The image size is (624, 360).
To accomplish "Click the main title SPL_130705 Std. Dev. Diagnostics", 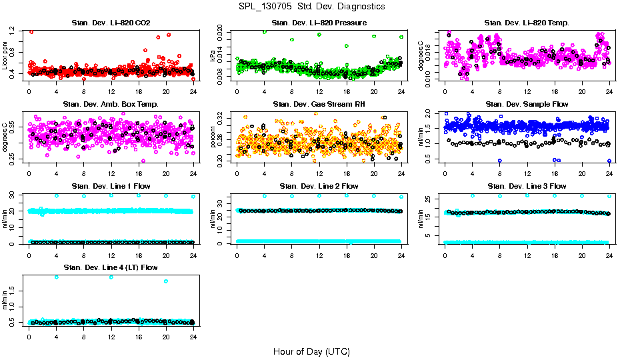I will (311, 6).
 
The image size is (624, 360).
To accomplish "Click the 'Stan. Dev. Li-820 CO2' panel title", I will (110, 23).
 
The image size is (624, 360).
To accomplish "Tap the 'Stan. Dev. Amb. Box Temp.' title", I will (110, 105).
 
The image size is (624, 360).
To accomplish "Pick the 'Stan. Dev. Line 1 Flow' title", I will (110, 186).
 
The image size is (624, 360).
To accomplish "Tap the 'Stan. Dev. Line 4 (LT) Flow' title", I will (110, 267).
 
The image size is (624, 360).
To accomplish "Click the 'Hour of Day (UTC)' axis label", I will (311, 351).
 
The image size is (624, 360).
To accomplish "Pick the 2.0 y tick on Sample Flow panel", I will (431, 113).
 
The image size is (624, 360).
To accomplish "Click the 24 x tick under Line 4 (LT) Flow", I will (193, 337).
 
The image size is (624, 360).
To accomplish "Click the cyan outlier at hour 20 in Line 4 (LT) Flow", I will (165, 281).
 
